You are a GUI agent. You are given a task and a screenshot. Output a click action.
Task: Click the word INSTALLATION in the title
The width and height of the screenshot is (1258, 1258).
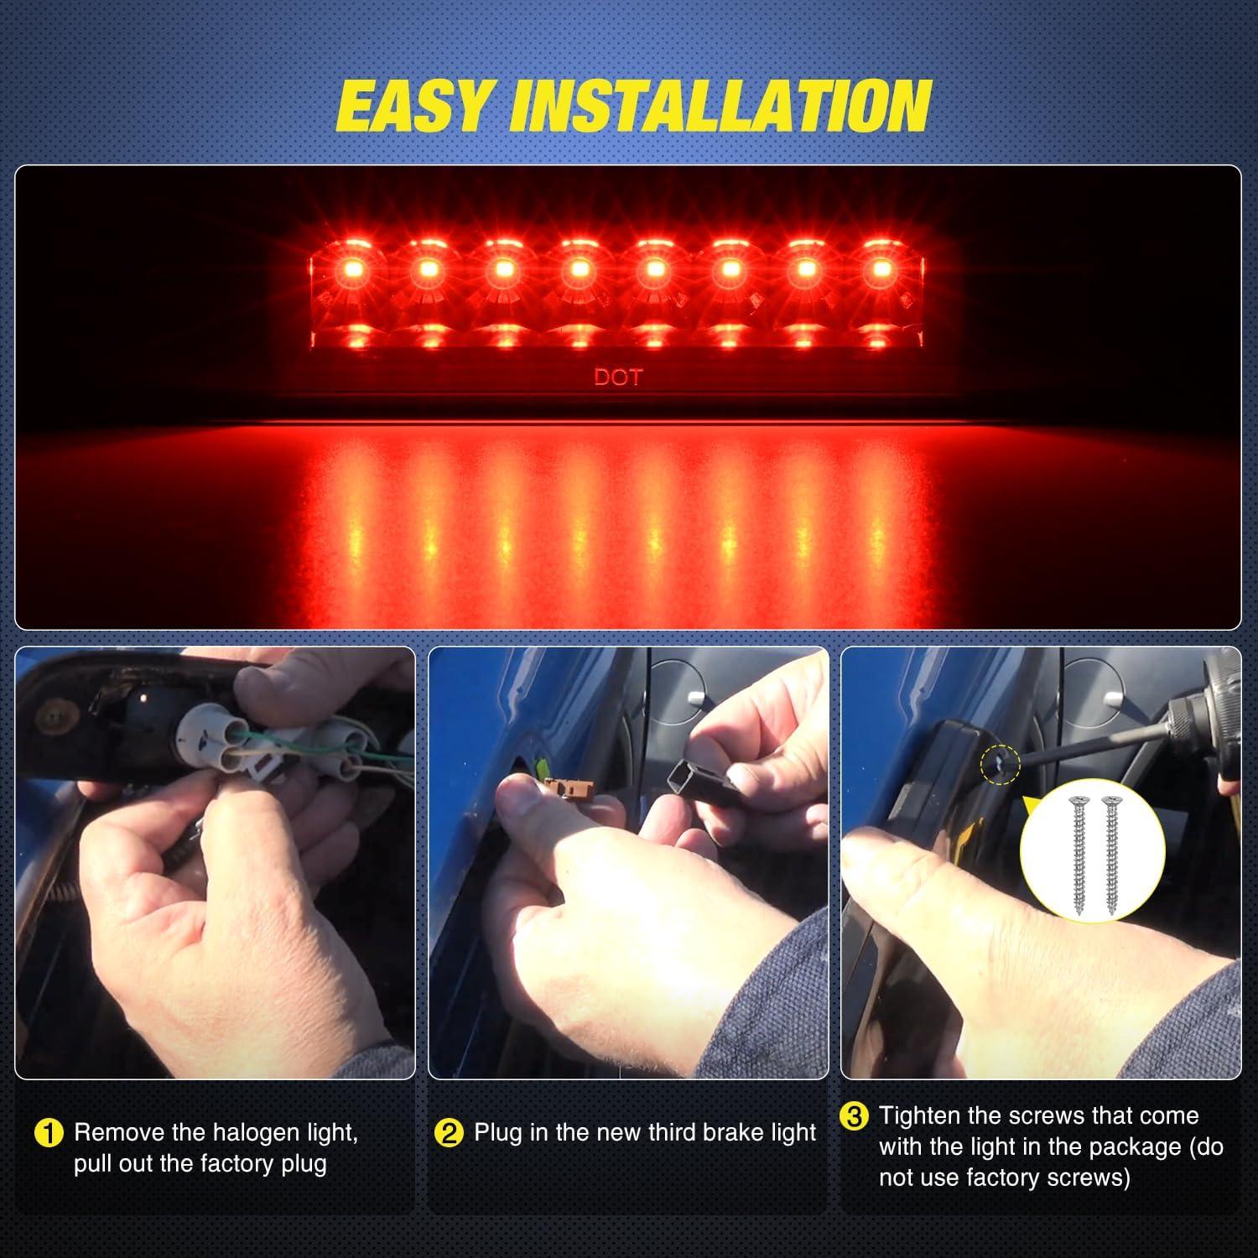coord(721,107)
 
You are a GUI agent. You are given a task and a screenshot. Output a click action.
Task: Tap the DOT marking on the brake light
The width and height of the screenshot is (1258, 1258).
coord(617,377)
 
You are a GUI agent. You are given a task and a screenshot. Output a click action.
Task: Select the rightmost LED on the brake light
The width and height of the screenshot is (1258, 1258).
coord(881,269)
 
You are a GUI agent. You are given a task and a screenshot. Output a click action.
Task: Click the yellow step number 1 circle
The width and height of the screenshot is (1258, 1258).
coord(49,1134)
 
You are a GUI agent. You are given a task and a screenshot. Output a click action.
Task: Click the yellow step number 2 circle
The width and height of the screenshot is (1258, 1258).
coord(449,1134)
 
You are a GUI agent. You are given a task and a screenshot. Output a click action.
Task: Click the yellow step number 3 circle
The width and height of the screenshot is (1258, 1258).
coord(854,1117)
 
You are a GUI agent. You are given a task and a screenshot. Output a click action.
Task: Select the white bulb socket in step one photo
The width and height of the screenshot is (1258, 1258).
coord(201,730)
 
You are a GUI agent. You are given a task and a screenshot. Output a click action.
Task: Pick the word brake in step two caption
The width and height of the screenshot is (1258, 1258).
coord(698,1133)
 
